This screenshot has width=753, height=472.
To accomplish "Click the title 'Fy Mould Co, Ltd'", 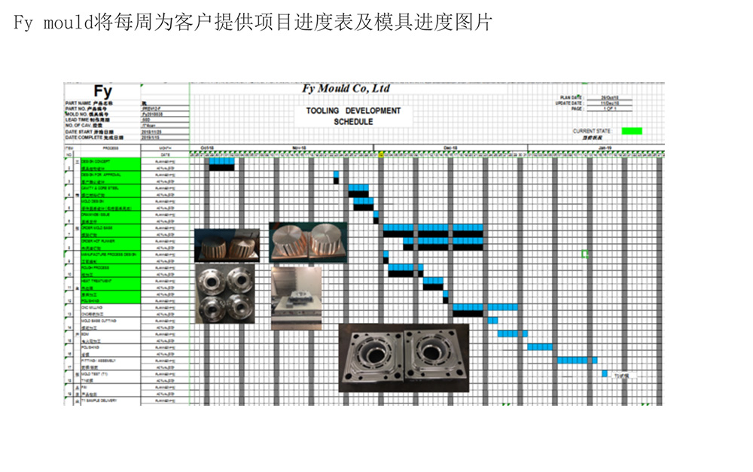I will pyautogui.click(x=346, y=89).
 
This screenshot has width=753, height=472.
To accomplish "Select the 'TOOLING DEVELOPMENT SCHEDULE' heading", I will pyautogui.click(x=353, y=116).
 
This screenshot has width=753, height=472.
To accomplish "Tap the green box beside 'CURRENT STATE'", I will pyautogui.click(x=632, y=131).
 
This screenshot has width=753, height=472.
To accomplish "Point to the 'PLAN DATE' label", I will pyautogui.click(x=572, y=98).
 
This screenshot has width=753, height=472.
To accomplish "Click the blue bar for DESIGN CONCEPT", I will pyautogui.click(x=221, y=160).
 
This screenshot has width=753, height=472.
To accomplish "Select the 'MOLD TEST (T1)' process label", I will pyautogui.click(x=96, y=373).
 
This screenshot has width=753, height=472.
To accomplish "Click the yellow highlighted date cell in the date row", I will pyautogui.click(x=382, y=154).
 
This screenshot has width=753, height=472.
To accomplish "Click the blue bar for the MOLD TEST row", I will pyautogui.click(x=604, y=373).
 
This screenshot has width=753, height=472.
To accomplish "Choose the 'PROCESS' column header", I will pyautogui.click(x=111, y=148).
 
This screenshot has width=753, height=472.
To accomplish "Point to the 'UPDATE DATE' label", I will pyautogui.click(x=569, y=103).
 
